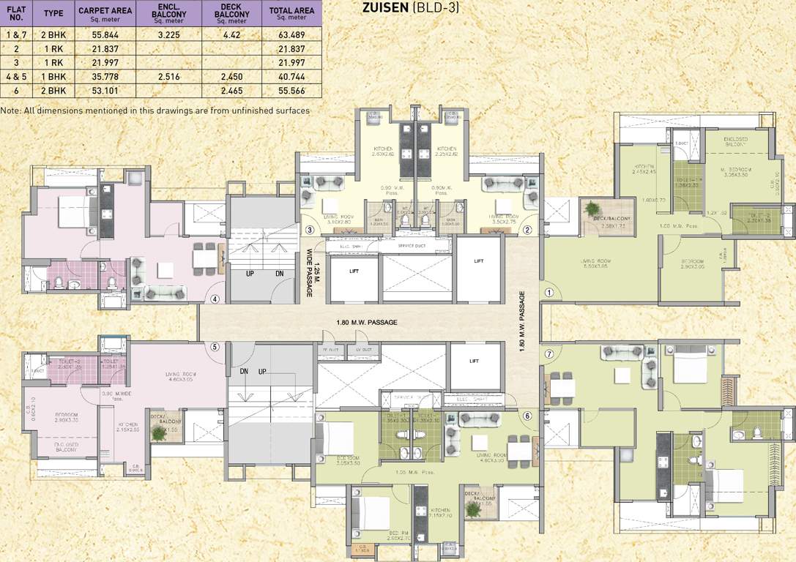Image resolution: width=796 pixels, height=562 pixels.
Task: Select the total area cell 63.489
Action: point(291,34)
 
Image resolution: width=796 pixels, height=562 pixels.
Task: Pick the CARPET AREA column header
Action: point(105,12)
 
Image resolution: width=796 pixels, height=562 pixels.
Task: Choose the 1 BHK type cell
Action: point(53,76)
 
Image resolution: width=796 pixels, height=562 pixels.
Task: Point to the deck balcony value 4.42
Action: point(231,34)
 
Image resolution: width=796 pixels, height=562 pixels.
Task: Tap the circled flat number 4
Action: point(215,299)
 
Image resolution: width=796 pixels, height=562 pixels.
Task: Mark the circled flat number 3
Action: point(310,230)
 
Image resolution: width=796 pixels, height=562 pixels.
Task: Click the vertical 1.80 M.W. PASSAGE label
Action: point(522,322)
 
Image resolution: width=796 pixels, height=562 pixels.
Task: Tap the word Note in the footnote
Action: point(10,110)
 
